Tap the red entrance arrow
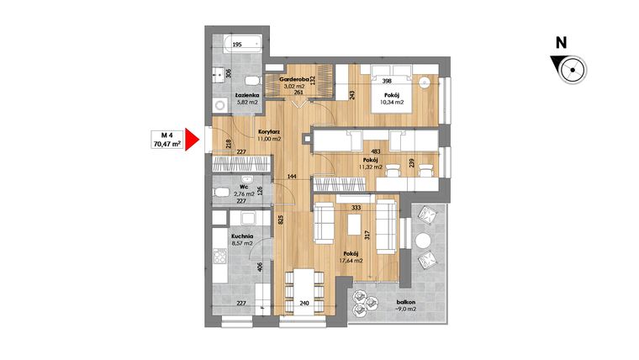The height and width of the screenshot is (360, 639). [x=193, y=140]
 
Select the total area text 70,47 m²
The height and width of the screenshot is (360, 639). [x=166, y=145]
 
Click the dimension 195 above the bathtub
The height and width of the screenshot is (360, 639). [x=237, y=44]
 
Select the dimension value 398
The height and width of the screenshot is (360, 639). [x=386, y=82]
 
